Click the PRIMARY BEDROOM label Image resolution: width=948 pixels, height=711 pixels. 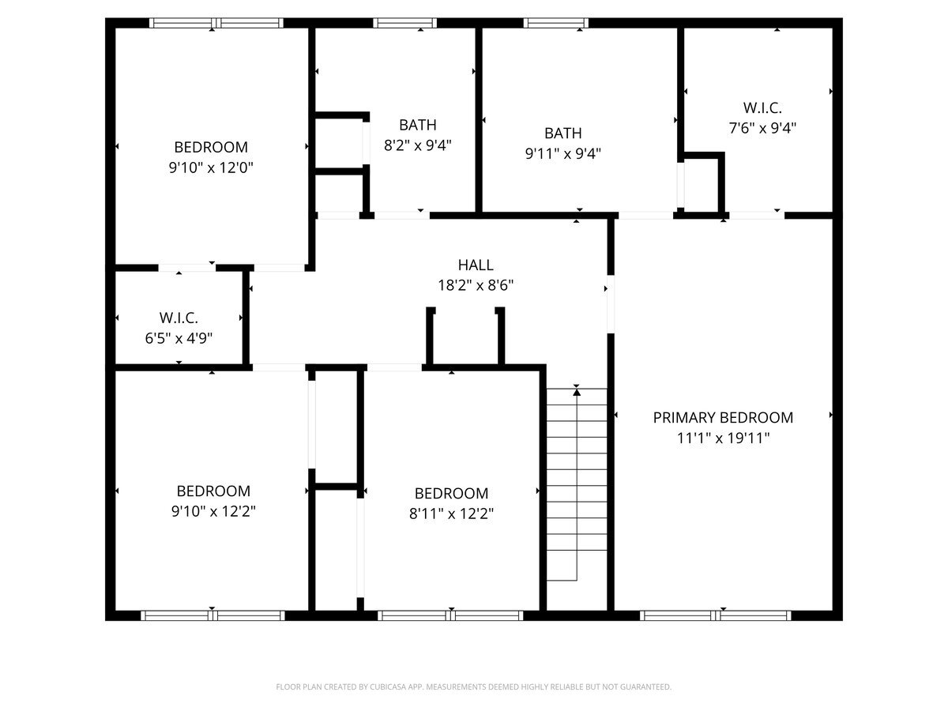[x=723, y=417]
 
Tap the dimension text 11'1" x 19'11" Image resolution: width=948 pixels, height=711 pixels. [x=723, y=437]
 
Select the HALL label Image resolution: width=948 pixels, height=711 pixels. [x=476, y=265]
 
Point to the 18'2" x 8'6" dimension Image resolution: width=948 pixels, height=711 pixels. [x=476, y=285]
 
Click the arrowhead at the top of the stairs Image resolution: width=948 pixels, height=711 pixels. [x=577, y=391]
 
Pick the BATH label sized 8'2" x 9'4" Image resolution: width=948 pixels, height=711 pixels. [x=417, y=125]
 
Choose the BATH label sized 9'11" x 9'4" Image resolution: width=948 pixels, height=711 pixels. [x=562, y=134]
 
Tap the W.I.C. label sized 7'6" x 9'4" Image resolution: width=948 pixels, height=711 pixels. [x=762, y=107]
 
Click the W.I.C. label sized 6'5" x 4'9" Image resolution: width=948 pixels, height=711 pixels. [x=178, y=318]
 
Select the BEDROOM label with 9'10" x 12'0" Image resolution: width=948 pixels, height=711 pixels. [x=211, y=147]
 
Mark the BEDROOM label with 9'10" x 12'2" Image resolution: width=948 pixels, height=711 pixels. [x=213, y=491]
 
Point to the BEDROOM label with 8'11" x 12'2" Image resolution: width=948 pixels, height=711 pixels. [x=451, y=493]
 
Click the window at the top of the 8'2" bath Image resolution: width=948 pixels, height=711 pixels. [x=404, y=23]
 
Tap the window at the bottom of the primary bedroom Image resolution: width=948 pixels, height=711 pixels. [x=716, y=615]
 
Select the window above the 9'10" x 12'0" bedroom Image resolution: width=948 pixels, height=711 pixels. [x=216, y=23]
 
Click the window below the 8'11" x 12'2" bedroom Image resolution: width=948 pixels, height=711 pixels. [x=450, y=615]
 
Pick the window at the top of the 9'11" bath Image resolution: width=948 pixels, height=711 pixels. [x=555, y=23]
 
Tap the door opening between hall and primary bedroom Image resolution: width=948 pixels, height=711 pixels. [x=610, y=303]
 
